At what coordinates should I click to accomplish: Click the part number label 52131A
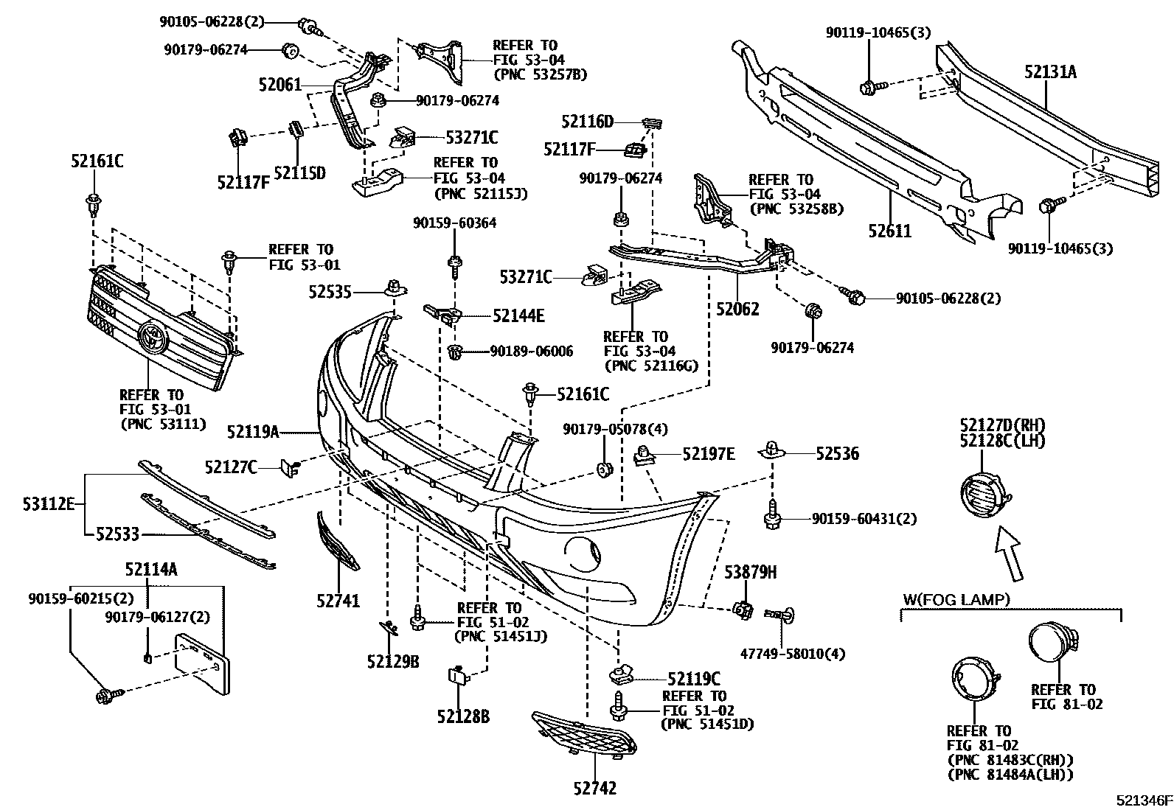click(1050, 71)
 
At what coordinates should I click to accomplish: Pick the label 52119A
click(253, 431)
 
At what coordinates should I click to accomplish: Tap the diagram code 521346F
click(1143, 800)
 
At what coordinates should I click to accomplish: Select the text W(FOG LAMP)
click(956, 599)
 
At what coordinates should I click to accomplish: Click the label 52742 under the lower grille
click(594, 789)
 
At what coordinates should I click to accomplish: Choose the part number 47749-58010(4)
click(792, 654)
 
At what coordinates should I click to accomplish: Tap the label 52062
click(737, 310)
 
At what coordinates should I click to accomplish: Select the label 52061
click(280, 85)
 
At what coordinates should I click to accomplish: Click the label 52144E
click(518, 316)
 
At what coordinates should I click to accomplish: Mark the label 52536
click(837, 454)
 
